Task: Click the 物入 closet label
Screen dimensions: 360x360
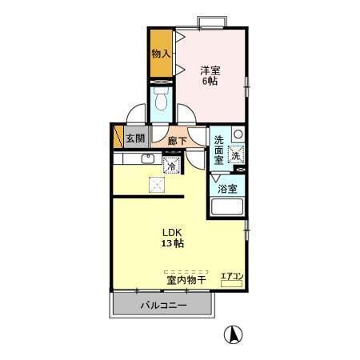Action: (x=160, y=54)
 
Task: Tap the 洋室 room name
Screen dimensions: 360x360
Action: (x=210, y=70)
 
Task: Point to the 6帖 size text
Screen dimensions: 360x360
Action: (x=210, y=82)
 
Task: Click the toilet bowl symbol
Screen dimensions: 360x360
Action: (x=160, y=102)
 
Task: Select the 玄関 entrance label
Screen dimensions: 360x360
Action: (x=134, y=138)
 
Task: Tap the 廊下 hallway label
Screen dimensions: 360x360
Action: (x=178, y=142)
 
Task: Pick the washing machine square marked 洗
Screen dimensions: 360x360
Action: (x=236, y=155)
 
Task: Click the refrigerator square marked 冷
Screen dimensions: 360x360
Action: (x=171, y=166)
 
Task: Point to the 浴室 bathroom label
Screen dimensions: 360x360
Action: (x=227, y=189)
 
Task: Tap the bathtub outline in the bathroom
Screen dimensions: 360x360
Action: (x=227, y=210)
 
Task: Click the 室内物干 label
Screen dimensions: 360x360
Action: (x=186, y=280)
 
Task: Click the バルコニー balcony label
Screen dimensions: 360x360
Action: (x=163, y=306)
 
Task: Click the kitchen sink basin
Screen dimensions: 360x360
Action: (x=146, y=158)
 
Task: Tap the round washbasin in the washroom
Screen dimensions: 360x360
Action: (x=238, y=134)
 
